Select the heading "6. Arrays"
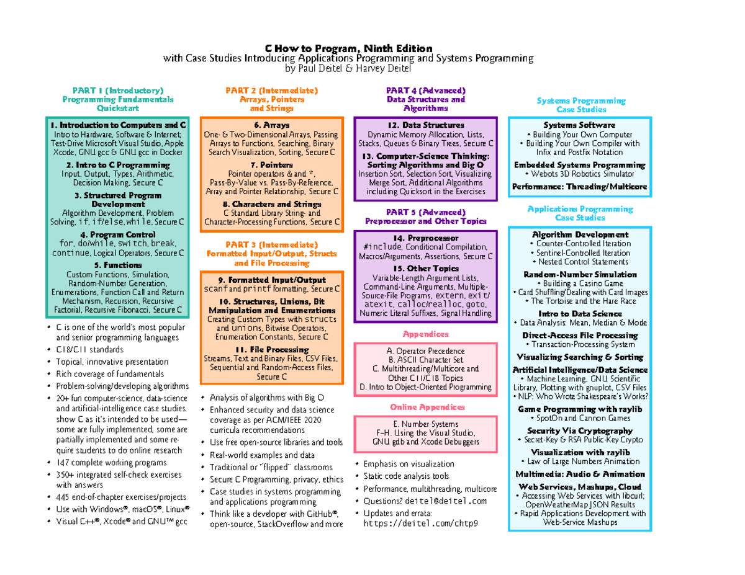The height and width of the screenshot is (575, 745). coord(271,125)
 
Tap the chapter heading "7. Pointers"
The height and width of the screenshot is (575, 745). coord(271,165)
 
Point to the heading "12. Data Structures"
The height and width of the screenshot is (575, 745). coord(425,125)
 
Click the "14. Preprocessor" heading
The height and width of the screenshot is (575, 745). coord(425,238)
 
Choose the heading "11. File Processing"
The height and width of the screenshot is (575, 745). coord(271,350)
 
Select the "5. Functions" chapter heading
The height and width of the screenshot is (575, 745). coord(117,265)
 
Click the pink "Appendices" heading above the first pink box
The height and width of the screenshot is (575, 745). coord(425,334)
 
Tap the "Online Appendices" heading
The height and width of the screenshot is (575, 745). coord(425,407)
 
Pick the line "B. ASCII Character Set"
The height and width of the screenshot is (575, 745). coord(425,360)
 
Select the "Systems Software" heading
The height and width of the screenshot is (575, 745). coord(579,125)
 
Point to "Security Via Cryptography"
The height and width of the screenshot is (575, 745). coord(579,430)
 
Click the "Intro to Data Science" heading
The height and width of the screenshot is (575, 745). coord(579,314)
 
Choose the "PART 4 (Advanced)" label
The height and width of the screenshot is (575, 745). coord(425,91)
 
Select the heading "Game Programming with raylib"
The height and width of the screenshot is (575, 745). coord(579,409)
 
